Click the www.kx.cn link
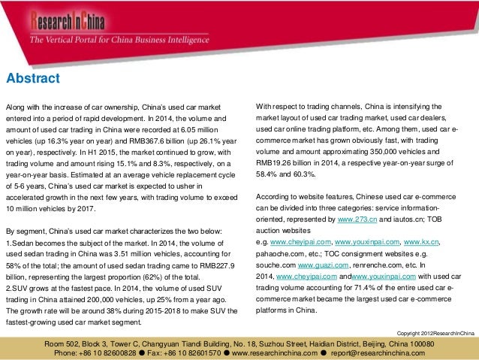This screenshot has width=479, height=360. click(421, 244)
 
